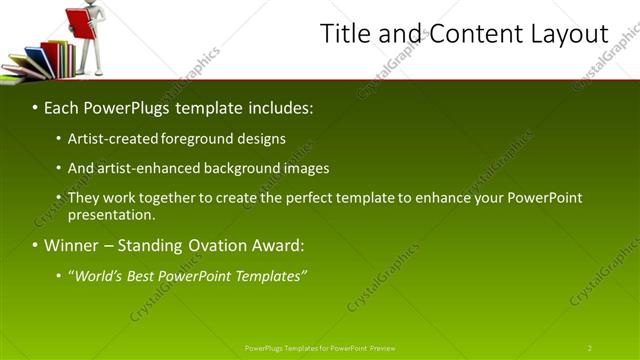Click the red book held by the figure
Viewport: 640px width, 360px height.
[79, 22]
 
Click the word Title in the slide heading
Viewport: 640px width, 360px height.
[346, 33]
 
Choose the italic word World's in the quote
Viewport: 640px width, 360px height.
[99, 276]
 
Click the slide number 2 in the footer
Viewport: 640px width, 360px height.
[590, 348]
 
